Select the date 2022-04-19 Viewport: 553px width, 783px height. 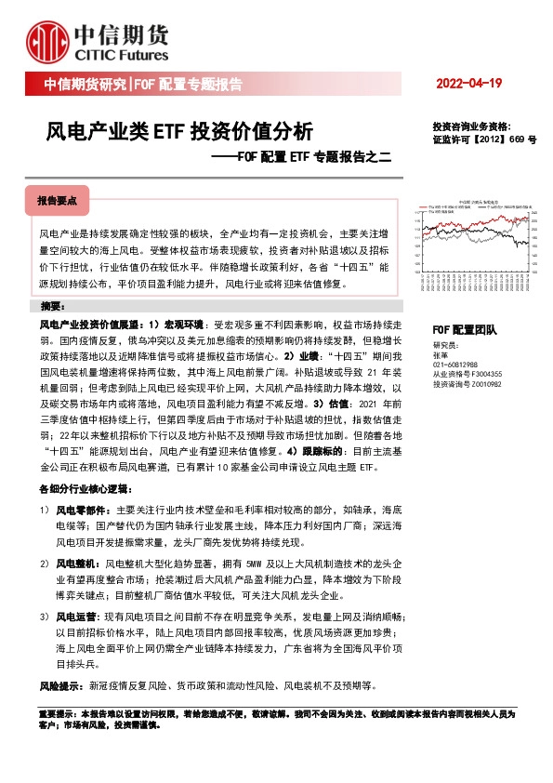468,85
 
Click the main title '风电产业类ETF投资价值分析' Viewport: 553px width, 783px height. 179,131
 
